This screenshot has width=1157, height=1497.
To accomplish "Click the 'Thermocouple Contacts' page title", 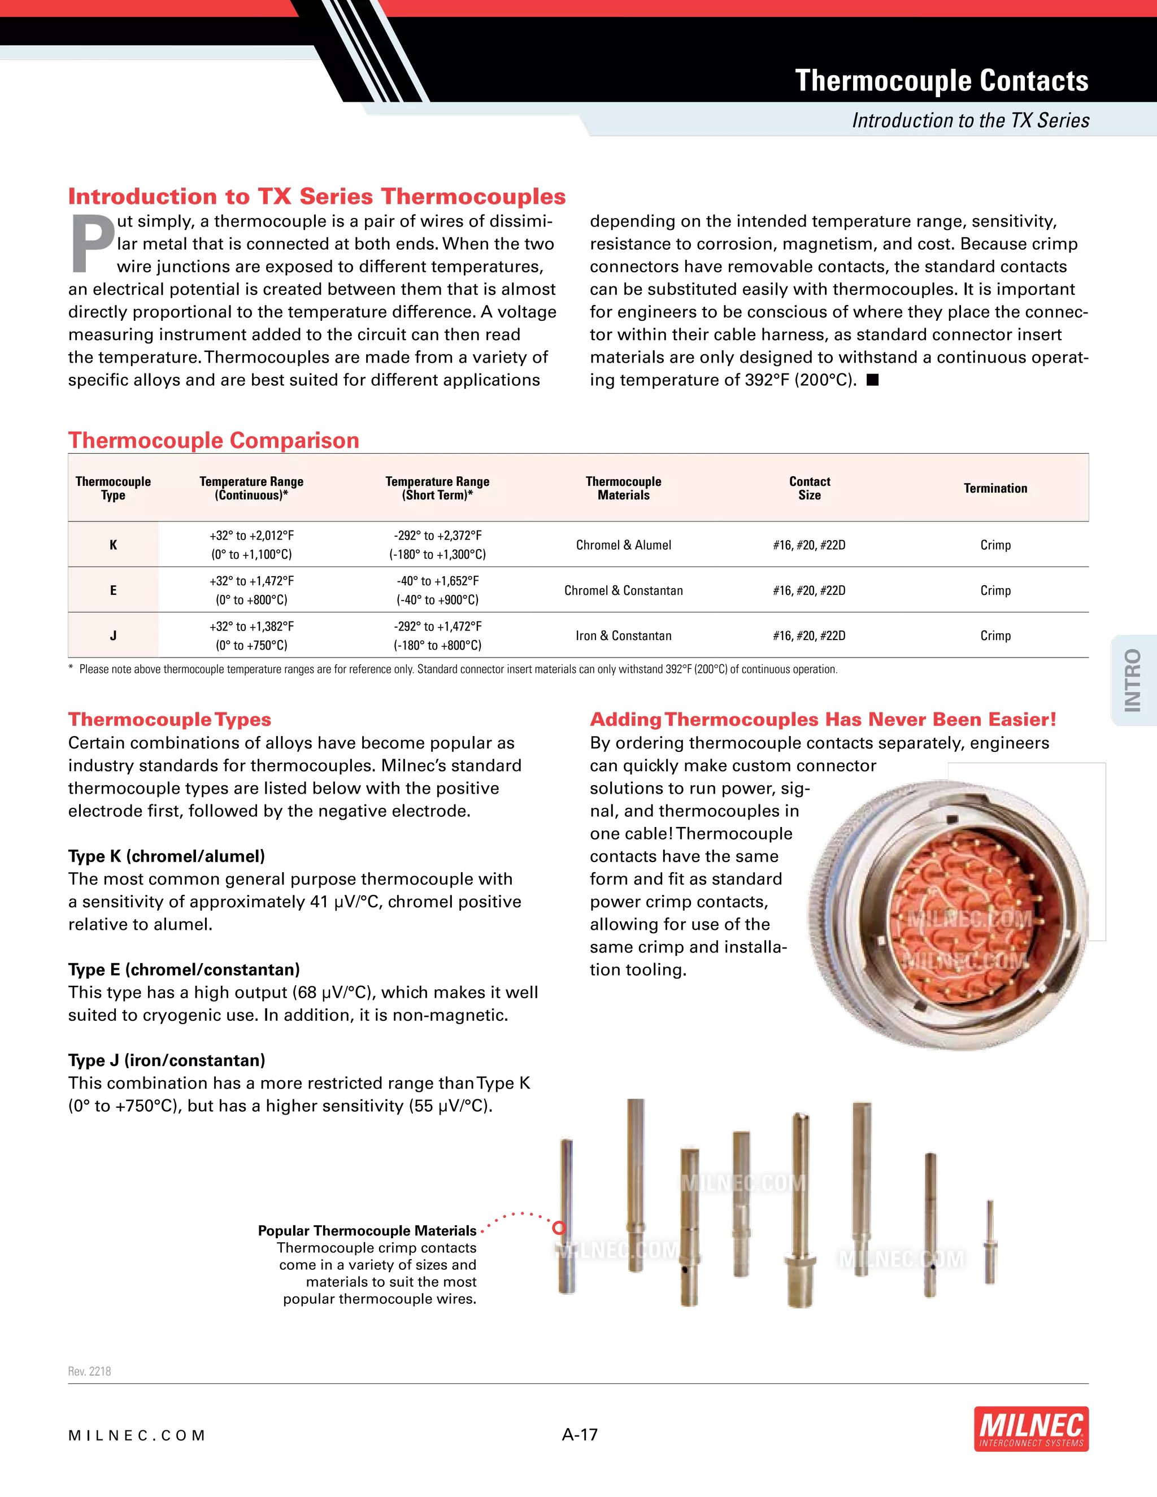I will pyautogui.click(x=941, y=81).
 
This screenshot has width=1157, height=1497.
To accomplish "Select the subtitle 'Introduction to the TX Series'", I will pyautogui.click(x=970, y=121).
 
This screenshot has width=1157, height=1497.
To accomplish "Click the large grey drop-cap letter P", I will pyautogui.click(x=93, y=245).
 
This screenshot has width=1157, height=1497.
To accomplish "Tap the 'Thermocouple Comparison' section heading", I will pyautogui.click(x=214, y=440).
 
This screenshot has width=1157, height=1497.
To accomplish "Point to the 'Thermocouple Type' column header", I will pyautogui.click(x=113, y=488).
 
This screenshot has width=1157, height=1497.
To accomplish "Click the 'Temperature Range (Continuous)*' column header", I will pyautogui.click(x=251, y=488).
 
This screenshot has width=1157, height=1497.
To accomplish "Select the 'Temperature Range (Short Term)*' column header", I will pyautogui.click(x=437, y=488).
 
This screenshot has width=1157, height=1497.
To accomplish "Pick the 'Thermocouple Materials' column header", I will pyautogui.click(x=623, y=488).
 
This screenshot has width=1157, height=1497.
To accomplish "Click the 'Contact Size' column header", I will pyautogui.click(x=810, y=488).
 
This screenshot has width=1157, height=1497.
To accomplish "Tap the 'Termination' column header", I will pyautogui.click(x=995, y=488).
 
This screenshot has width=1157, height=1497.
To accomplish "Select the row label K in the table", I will pyautogui.click(x=113, y=545).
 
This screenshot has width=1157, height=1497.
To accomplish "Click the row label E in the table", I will pyautogui.click(x=113, y=590).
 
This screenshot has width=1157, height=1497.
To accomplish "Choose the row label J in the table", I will pyautogui.click(x=113, y=636).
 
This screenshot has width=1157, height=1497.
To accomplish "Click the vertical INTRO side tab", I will pyautogui.click(x=1132, y=680).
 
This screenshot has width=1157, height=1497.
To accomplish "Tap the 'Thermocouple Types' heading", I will pyautogui.click(x=169, y=719).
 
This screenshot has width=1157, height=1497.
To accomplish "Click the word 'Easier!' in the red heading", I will pyautogui.click(x=1022, y=719).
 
